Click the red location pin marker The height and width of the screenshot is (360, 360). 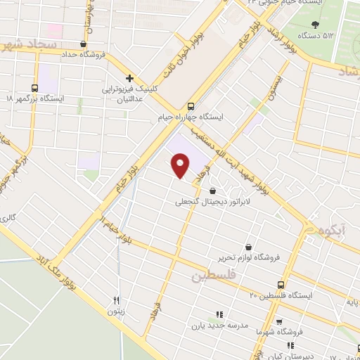tap(181, 166)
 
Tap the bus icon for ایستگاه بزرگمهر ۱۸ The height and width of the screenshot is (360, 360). tap(34, 88)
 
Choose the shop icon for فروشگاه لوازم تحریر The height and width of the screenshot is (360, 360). tap(249, 247)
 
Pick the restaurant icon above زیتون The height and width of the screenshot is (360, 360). tap(117, 299)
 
